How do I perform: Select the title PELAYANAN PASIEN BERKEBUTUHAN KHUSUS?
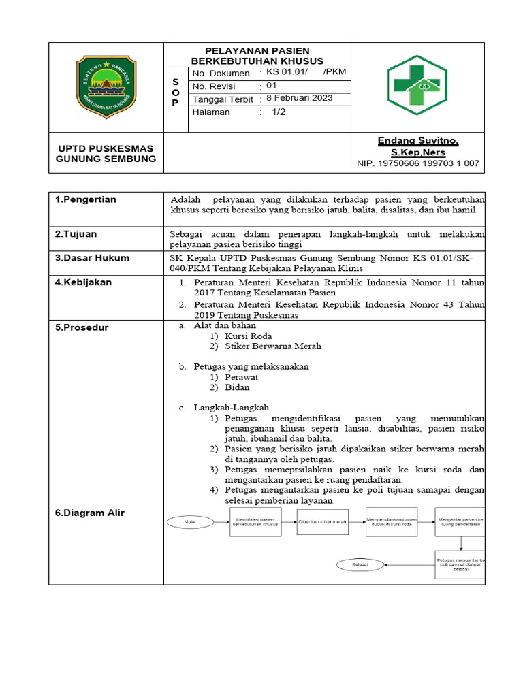click(x=257, y=56)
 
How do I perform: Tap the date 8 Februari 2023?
click(x=299, y=98)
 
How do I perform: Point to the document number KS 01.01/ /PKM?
click(x=306, y=72)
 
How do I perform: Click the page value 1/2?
click(x=279, y=112)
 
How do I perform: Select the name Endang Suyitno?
click(x=418, y=140)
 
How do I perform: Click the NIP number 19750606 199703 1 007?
click(x=418, y=163)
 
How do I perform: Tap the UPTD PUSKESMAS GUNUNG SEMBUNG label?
click(x=106, y=154)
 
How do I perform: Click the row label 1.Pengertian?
click(x=86, y=199)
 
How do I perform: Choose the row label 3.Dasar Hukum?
click(x=92, y=258)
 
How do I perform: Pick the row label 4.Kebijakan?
click(x=83, y=282)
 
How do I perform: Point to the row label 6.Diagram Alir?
click(x=90, y=513)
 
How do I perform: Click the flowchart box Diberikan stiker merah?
click(x=323, y=522)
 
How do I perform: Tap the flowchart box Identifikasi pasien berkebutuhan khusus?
click(x=255, y=522)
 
